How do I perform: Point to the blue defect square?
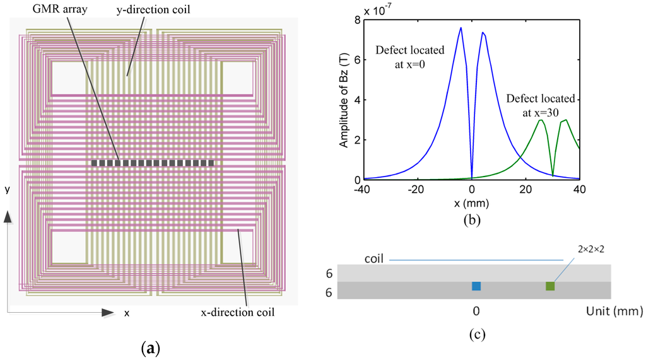476,286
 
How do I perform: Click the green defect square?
550,286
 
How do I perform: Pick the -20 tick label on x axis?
416,189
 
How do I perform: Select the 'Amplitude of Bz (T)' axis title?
344,100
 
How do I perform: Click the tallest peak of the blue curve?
461,28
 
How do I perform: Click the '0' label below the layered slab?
477,311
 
